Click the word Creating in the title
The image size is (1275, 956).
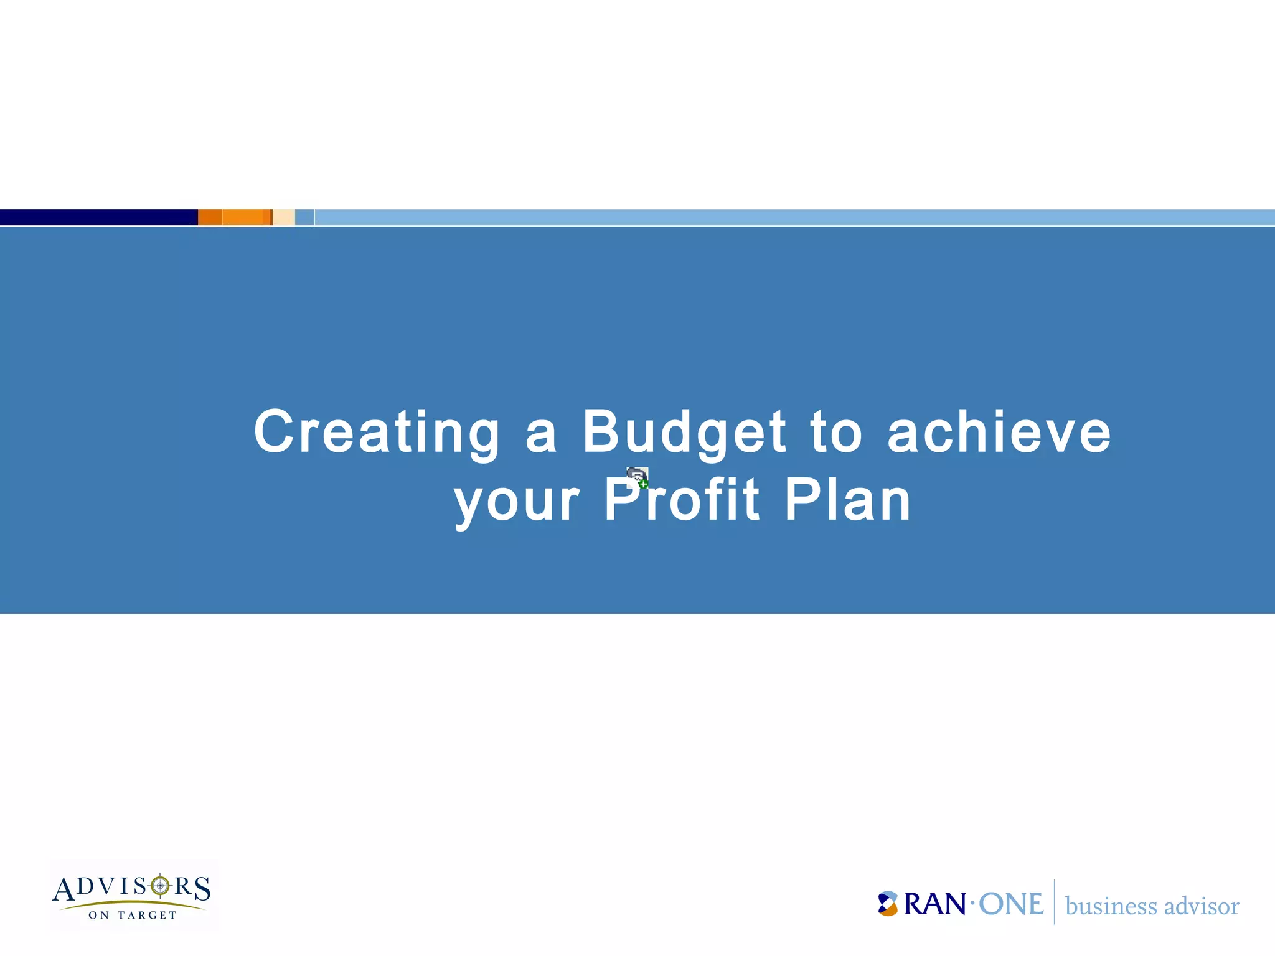click(x=377, y=433)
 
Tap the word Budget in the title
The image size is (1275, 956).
click(x=684, y=433)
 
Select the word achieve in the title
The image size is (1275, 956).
click(x=999, y=433)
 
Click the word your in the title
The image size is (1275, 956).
click(x=517, y=501)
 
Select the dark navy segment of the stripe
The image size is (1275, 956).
click(x=98, y=217)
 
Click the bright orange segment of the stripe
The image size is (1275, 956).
click(x=243, y=217)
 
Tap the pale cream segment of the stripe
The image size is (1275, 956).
click(x=284, y=217)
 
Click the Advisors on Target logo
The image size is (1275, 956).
click(x=132, y=895)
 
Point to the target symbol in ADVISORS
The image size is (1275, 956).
click(x=160, y=885)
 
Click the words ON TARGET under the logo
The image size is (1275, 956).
click(x=133, y=915)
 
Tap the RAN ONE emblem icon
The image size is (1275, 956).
click(x=888, y=904)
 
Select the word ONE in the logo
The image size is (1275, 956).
click(x=1011, y=904)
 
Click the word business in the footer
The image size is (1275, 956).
click(x=1111, y=906)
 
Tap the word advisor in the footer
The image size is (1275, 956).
click(x=1202, y=906)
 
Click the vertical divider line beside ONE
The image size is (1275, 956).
click(x=1054, y=902)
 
